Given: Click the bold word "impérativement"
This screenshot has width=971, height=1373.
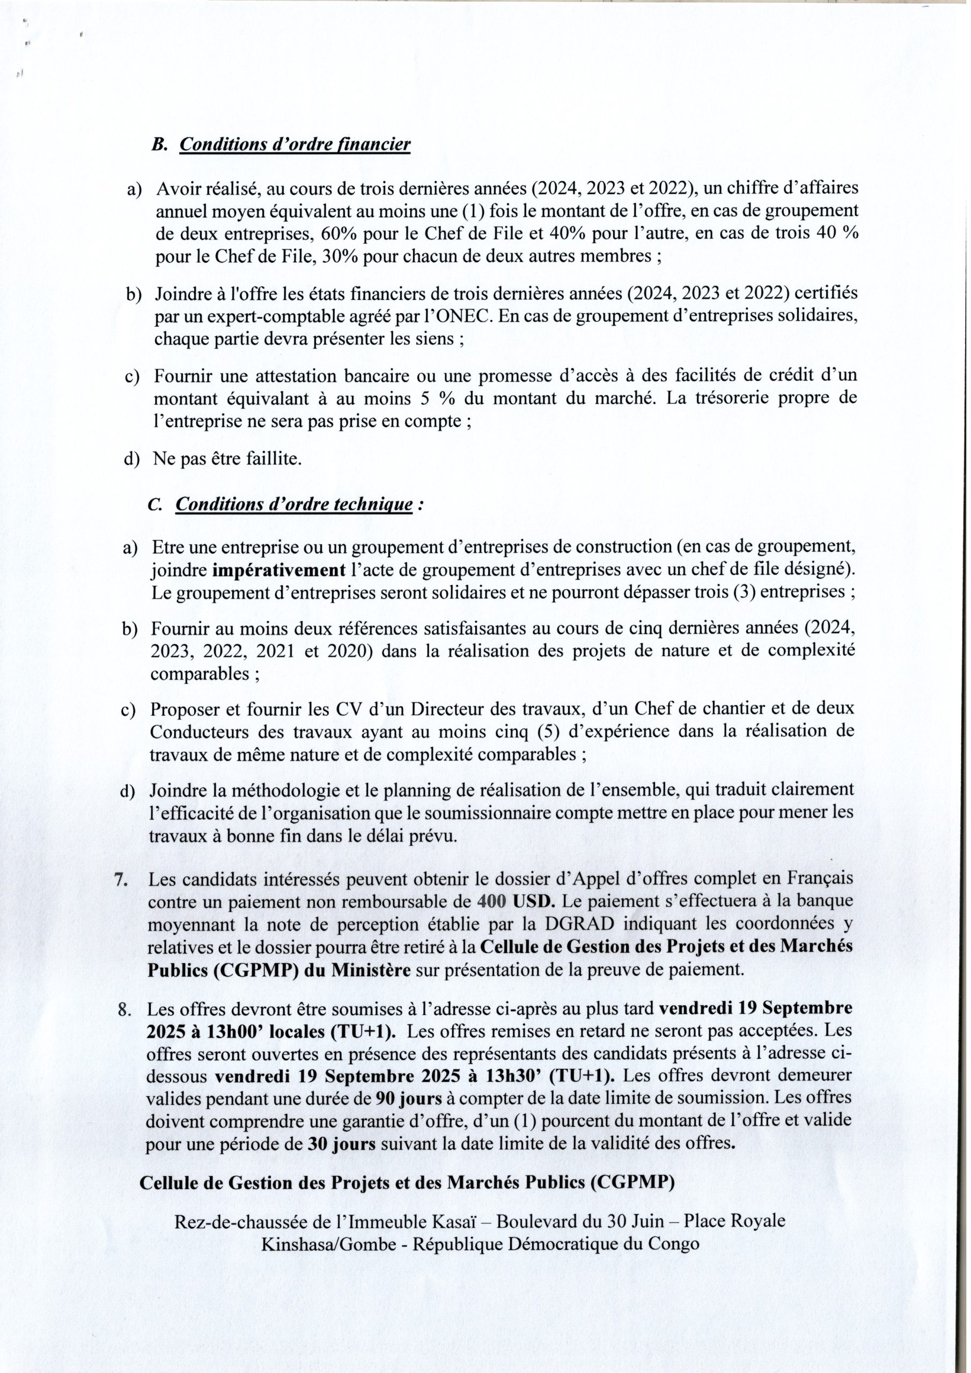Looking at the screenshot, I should pos(279,571).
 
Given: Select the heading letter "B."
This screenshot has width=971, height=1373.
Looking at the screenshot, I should pos(159,145).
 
